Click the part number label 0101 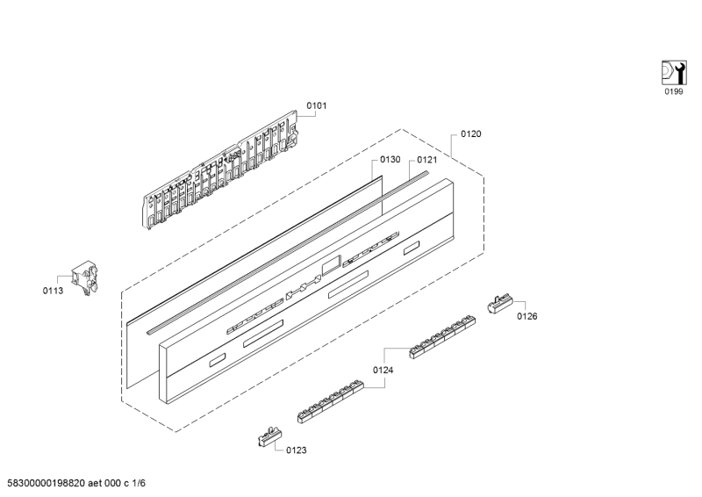tap(317, 105)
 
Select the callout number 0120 tap(471, 134)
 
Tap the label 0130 tap(390, 160)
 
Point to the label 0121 tap(427, 160)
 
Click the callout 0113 tap(53, 291)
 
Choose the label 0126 tap(527, 316)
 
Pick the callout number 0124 tap(383, 371)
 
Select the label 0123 tap(297, 450)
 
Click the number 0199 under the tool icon tap(674, 92)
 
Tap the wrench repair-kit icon tap(674, 73)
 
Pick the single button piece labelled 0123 tap(270, 436)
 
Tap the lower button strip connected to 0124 tap(331, 402)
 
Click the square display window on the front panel tap(332, 265)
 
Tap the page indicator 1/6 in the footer tap(139, 483)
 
